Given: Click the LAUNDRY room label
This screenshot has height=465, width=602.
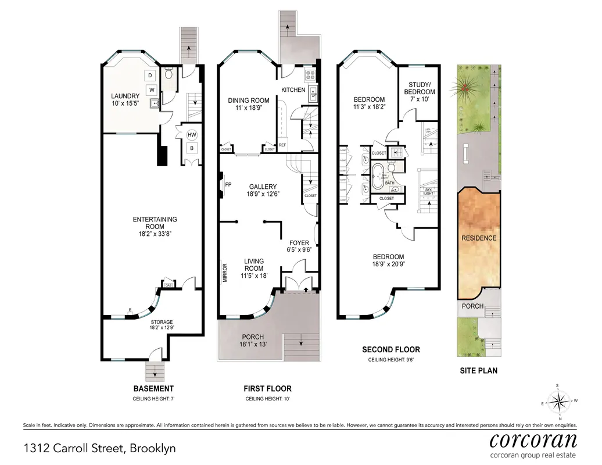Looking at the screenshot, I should [x=126, y=96].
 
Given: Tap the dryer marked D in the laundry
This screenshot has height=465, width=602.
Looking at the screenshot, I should [x=150, y=76].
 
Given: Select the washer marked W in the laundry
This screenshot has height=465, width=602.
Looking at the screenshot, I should [x=150, y=90].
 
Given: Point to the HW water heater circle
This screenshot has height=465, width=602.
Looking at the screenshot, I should [x=192, y=135].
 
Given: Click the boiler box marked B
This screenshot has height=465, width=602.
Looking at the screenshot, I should [x=192, y=148].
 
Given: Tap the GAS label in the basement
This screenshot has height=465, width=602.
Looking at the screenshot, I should [x=169, y=285].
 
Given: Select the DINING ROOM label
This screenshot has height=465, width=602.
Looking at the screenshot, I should [x=248, y=101].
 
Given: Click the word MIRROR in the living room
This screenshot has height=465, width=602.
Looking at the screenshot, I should [x=225, y=273].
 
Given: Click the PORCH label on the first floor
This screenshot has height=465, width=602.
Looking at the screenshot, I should [x=253, y=337].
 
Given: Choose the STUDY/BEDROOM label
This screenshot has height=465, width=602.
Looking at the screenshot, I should [x=419, y=88].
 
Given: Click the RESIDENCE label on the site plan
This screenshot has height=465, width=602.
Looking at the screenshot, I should [x=479, y=238].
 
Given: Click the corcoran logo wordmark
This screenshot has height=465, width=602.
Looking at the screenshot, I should [x=533, y=439].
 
